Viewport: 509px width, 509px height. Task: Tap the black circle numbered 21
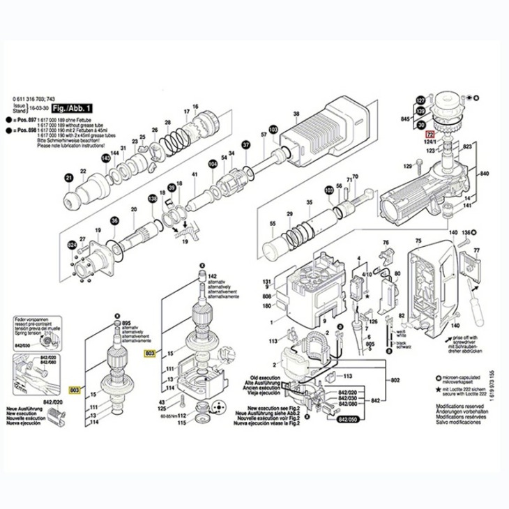click(x=69, y=178)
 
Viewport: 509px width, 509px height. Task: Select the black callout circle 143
click(x=106, y=158)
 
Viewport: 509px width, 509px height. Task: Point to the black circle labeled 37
click(x=245, y=145)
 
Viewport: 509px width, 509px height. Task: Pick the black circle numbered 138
click(x=152, y=200)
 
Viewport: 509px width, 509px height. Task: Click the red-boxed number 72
click(x=430, y=135)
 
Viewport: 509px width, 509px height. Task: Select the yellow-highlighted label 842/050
click(x=347, y=420)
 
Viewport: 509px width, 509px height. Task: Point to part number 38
click(x=296, y=113)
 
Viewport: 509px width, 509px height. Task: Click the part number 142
click(x=213, y=277)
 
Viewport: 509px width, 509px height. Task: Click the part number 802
click(x=395, y=380)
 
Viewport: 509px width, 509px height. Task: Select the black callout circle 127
click(x=420, y=100)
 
